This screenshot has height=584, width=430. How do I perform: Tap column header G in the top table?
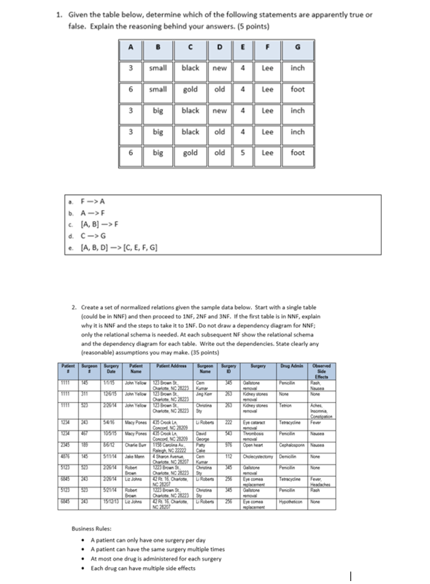297,50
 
